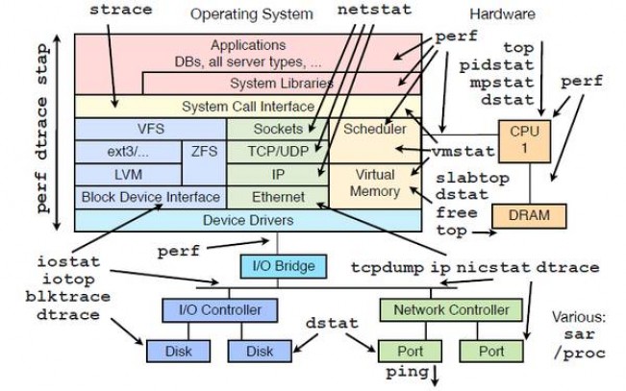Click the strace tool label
121,10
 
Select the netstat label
374,10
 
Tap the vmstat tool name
463,152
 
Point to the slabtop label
472,178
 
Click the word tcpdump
388,268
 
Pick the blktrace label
68,297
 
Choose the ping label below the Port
407,372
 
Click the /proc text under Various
579,354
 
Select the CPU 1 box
525,141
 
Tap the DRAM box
529,216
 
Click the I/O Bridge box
284,266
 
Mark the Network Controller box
451,310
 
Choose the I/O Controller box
220,310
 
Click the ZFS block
204,162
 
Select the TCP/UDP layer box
278,152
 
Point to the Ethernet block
278,197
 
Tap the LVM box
128,174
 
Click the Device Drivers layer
248,220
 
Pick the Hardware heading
502,14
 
